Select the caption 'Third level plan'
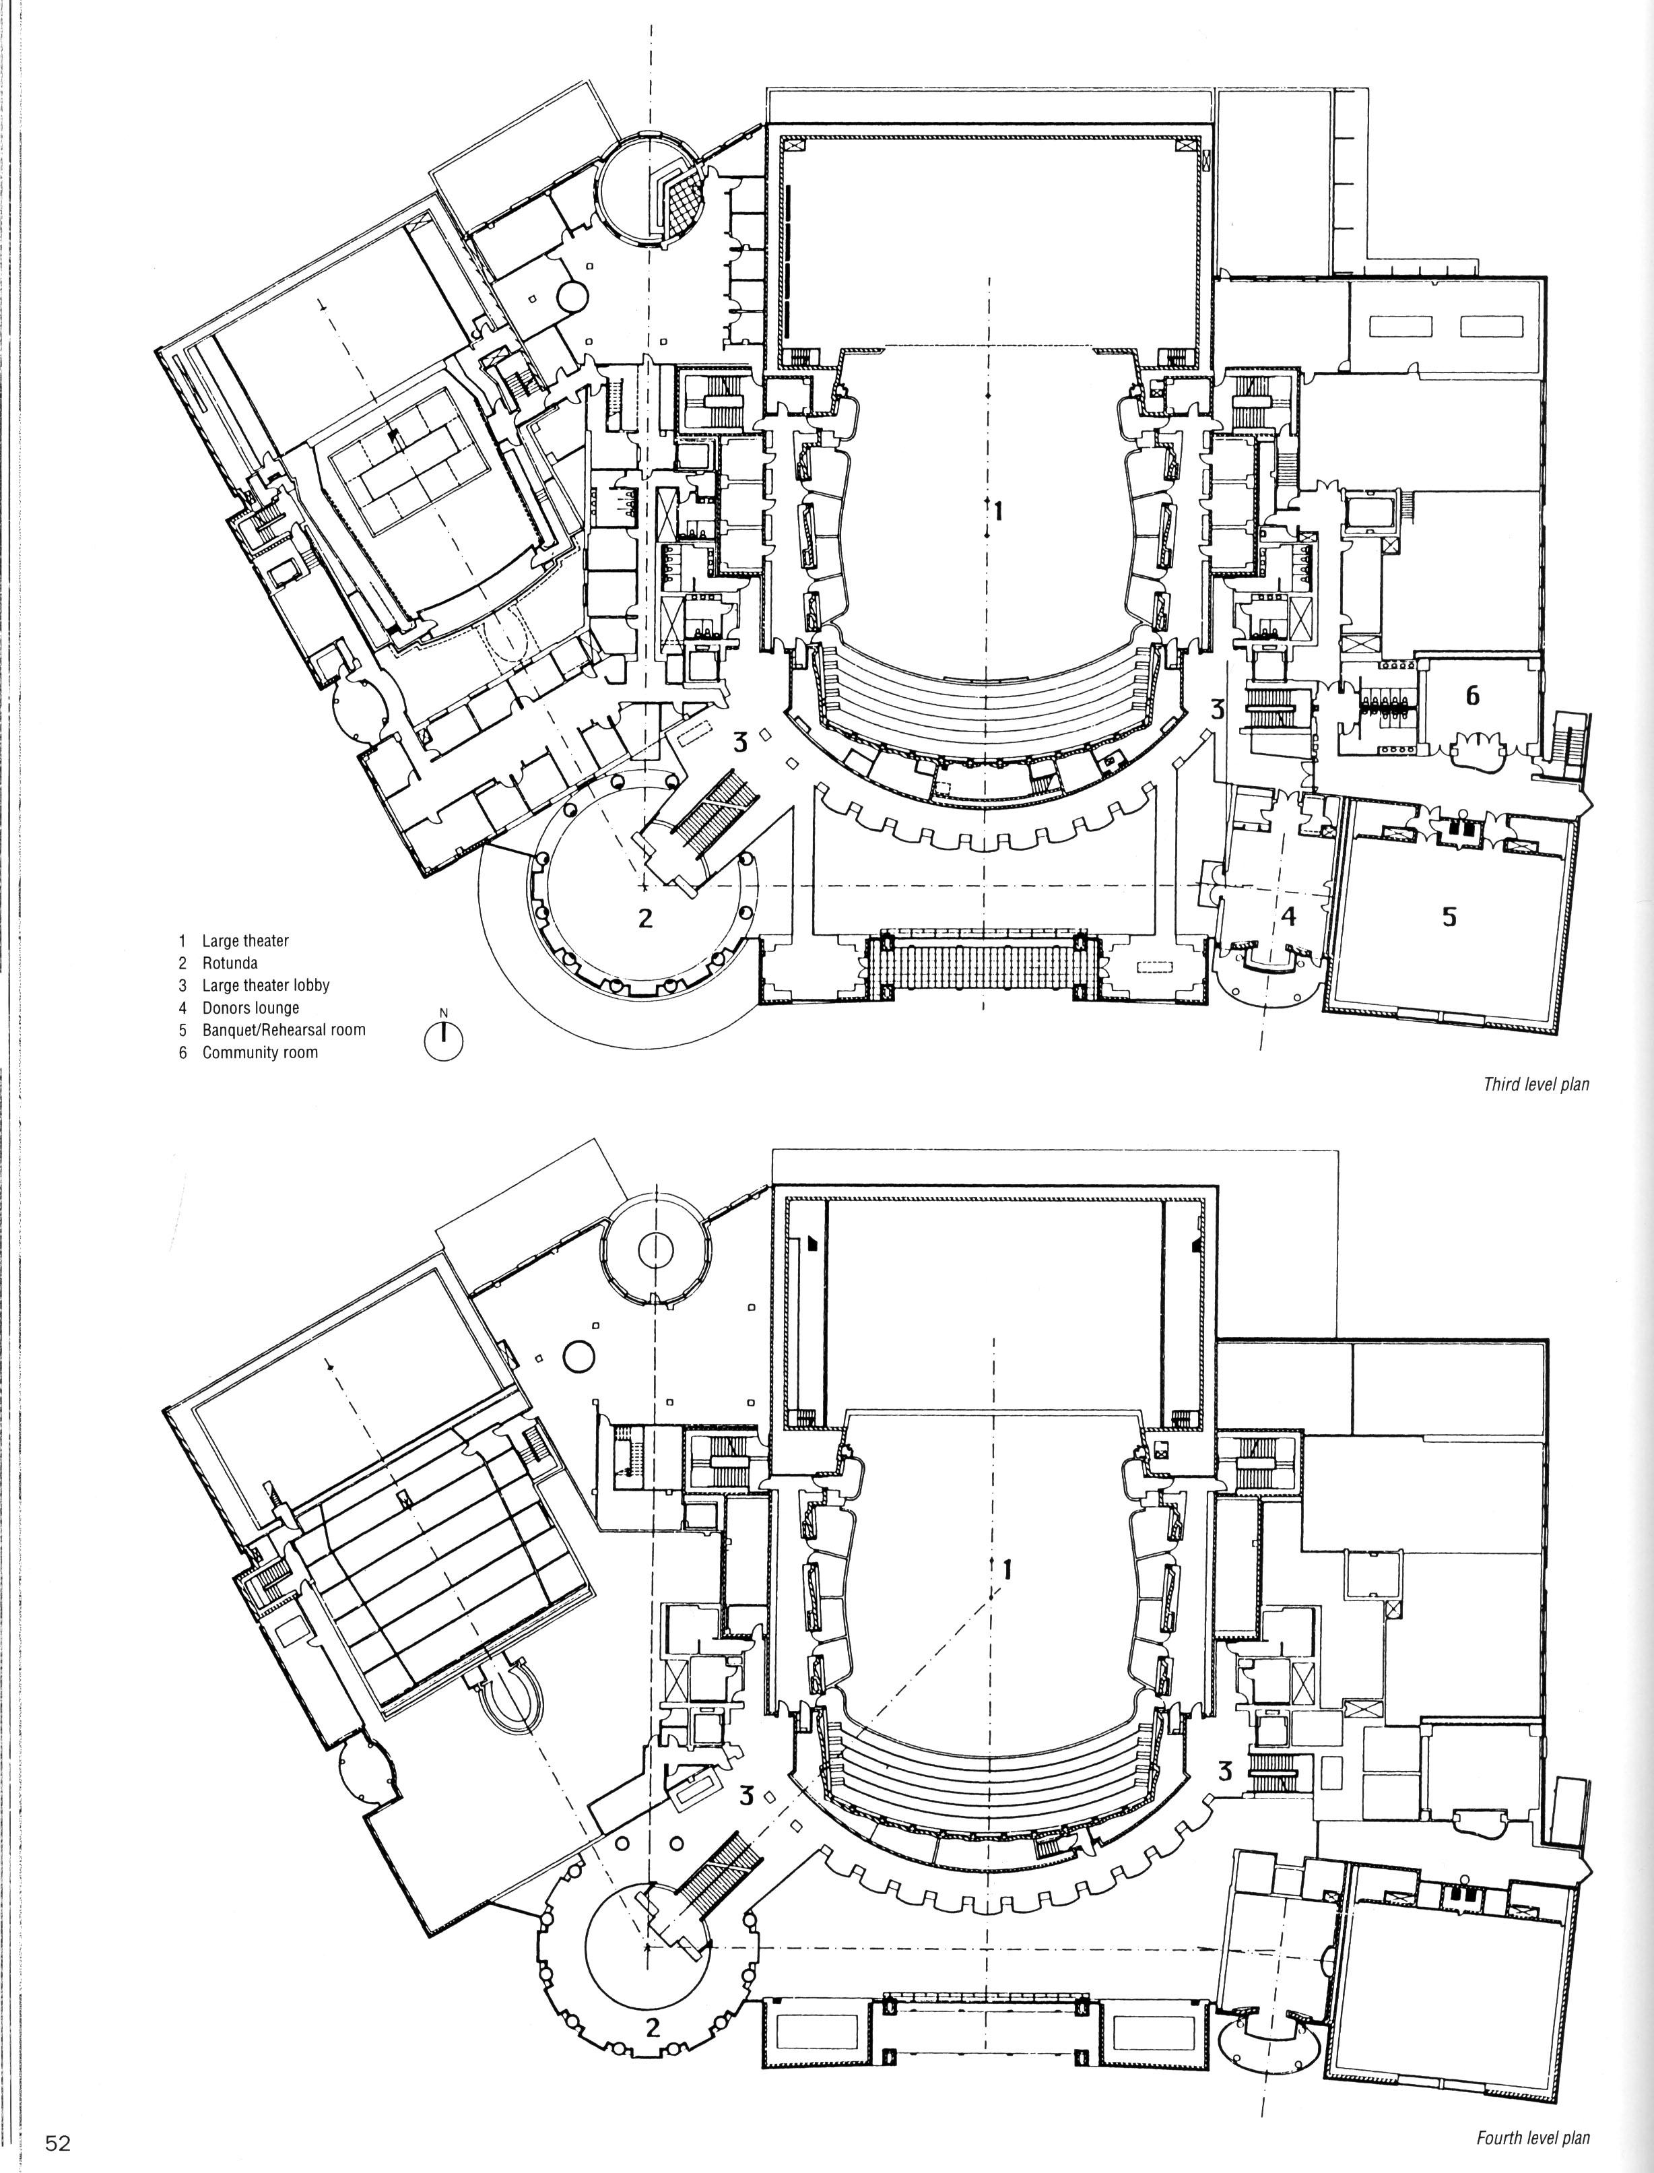coord(1537,1085)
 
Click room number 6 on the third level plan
coord(1472,696)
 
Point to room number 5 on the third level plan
coord(1449,917)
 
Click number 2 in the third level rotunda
coord(645,919)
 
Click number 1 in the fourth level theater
coord(1006,1569)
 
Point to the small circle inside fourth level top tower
coord(655,1250)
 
